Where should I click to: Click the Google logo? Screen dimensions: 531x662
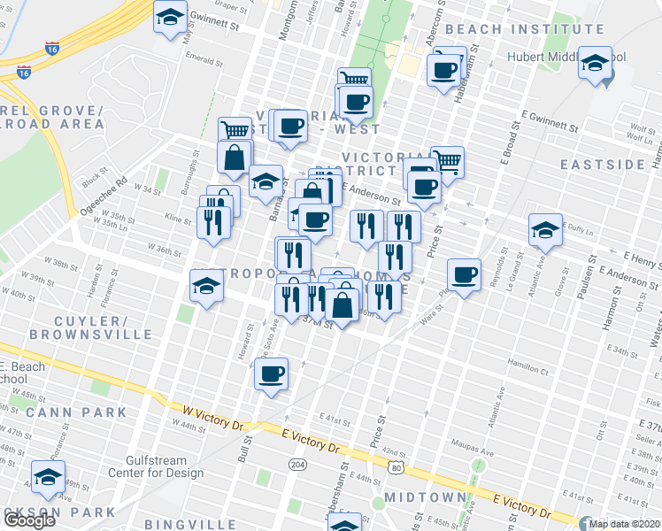click(x=28, y=520)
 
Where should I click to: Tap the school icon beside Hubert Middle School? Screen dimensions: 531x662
click(x=596, y=64)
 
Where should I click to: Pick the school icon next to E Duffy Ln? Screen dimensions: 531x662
click(x=545, y=231)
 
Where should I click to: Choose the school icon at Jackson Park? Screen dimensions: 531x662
click(x=48, y=477)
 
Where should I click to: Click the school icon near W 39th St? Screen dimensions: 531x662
click(x=206, y=285)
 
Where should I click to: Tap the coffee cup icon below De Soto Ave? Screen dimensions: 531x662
click(x=272, y=373)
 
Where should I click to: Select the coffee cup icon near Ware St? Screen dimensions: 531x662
click(x=464, y=274)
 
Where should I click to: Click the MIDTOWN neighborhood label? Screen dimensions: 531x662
click(x=425, y=498)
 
